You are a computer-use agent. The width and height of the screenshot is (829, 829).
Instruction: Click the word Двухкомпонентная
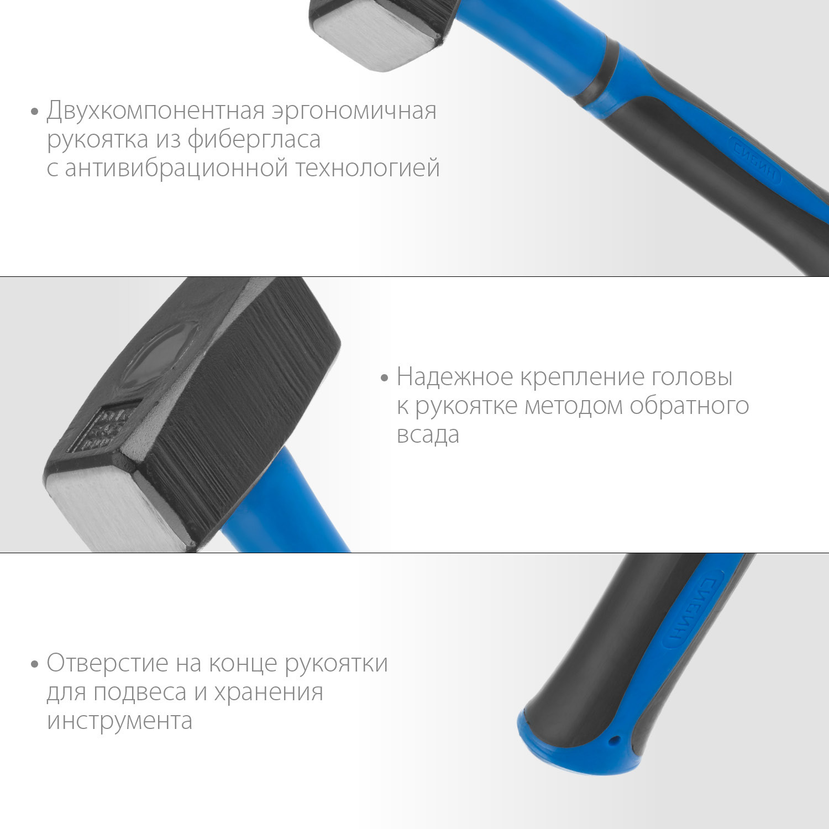click(x=156, y=111)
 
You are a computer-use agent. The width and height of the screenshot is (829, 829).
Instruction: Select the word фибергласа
click(x=254, y=140)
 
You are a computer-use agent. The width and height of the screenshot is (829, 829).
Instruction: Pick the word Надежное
click(x=455, y=377)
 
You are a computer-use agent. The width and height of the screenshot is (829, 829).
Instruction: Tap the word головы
click(x=692, y=377)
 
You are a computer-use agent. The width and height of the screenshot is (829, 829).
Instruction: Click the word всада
click(x=428, y=435)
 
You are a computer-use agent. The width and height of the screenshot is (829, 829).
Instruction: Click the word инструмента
click(x=119, y=721)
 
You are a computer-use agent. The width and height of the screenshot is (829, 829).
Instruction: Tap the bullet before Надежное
click(x=385, y=379)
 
